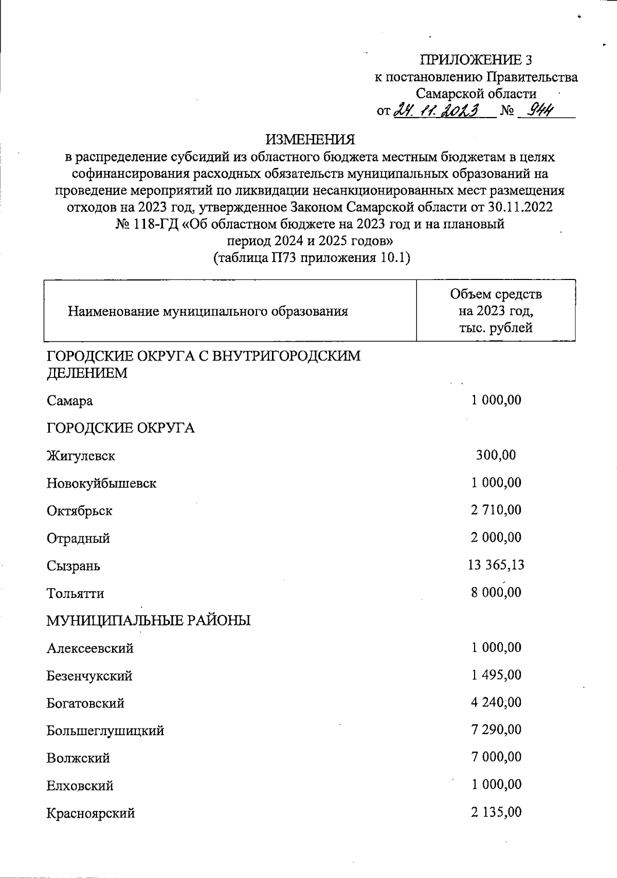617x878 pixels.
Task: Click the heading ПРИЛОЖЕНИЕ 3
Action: pos(476,61)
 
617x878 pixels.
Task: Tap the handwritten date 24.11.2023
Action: pos(437,110)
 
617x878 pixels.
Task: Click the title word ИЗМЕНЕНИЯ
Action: pos(310,140)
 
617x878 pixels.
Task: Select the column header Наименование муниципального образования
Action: pos(208,311)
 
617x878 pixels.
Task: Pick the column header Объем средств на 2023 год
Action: pos(496,311)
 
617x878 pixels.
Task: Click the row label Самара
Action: pos(70,401)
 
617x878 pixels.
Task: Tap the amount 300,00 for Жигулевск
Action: pos(496,455)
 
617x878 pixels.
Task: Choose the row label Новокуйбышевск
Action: pos(101,483)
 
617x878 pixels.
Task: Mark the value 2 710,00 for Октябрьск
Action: pos(496,510)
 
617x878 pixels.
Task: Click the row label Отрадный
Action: pos(78,538)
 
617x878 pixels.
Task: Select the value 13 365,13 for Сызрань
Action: pos(496,565)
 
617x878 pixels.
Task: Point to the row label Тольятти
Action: pos(75,593)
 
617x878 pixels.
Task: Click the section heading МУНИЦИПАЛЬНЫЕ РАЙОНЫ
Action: pos(149,621)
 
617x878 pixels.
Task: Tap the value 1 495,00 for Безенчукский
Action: pos(496,675)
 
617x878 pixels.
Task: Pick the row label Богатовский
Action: pos(85,703)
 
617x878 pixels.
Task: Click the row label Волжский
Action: pos(78,758)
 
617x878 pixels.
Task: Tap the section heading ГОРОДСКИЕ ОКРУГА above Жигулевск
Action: pos(121,428)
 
